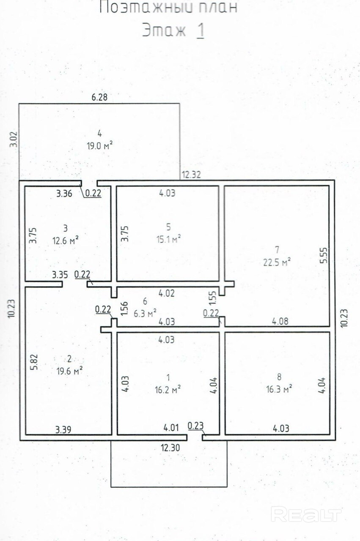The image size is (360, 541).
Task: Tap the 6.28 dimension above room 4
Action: tap(99, 97)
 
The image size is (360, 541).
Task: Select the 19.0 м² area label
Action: tap(99, 146)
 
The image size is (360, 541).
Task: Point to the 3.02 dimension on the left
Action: tap(14, 139)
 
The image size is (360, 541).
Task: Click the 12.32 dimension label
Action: tap(191, 175)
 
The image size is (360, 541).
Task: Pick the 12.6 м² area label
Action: tap(66, 240)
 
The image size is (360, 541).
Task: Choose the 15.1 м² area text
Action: tap(169, 239)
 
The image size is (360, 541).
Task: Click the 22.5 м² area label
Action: tap(277, 262)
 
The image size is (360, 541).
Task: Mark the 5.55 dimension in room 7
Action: tap(324, 255)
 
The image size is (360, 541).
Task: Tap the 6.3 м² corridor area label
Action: tap(145, 314)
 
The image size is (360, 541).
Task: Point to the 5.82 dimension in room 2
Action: tap(34, 362)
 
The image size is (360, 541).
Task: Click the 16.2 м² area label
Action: tap(168, 389)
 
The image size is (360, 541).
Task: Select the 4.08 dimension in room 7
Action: tap(280, 321)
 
